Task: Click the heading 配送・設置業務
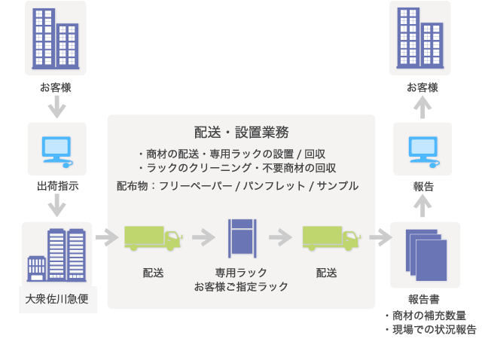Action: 241,133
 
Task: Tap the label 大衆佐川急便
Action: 57,299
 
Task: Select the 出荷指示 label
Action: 57,185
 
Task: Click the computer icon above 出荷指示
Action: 56,151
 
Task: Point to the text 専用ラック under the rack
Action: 241,272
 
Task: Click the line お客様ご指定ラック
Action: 241,286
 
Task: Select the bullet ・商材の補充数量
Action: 425,315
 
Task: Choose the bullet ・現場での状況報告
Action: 429,329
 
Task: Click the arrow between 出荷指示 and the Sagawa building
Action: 56,206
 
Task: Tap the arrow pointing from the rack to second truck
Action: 280,237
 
